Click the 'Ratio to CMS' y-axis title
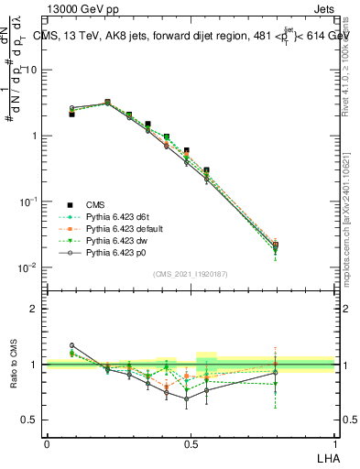coord(16,365)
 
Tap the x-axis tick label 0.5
coord(191,443)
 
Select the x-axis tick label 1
coord(334,443)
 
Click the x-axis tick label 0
coord(47,443)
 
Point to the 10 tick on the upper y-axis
coord(33,70)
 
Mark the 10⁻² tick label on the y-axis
coord(30,267)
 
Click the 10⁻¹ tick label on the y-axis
coord(30,202)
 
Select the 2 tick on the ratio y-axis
coord(36,309)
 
